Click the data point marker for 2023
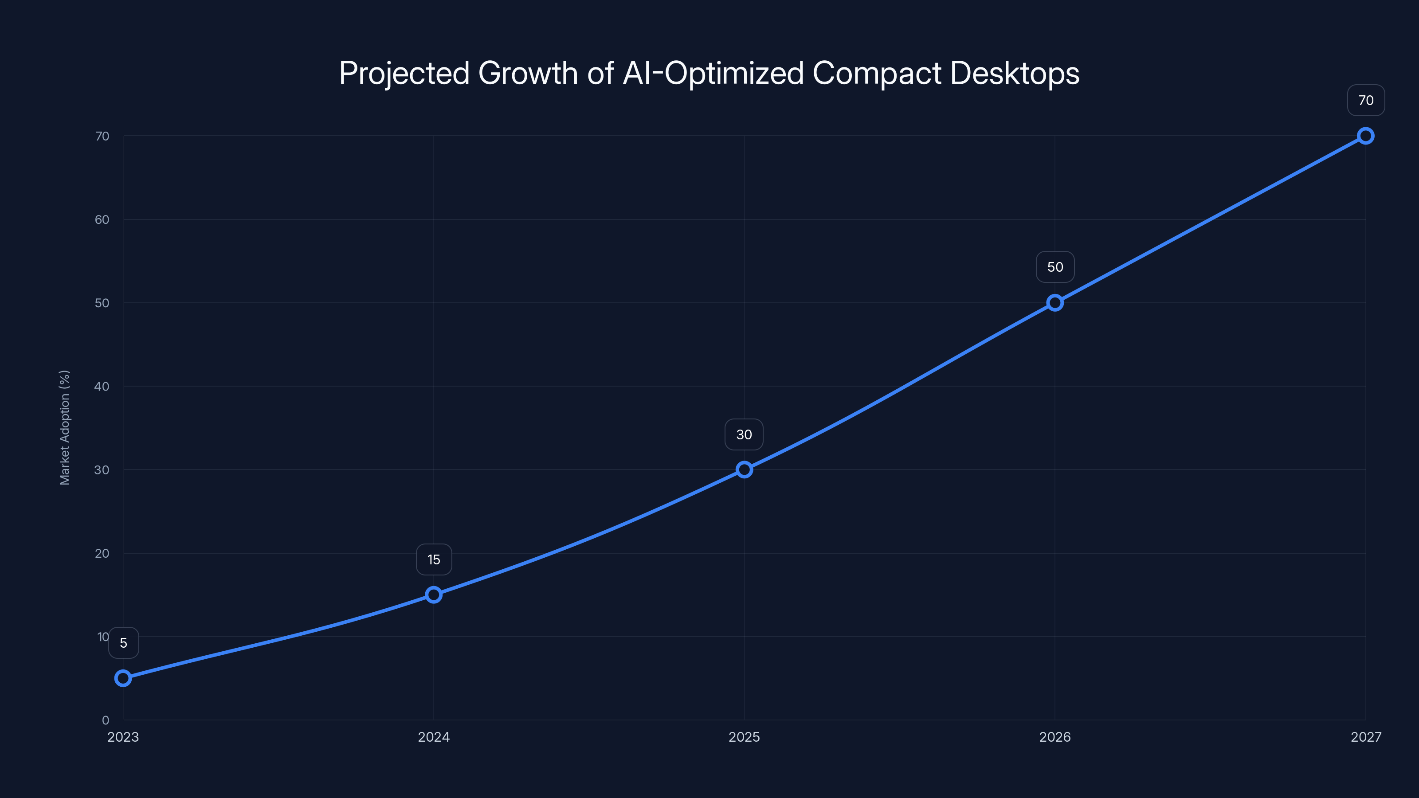point(123,678)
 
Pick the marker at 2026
point(1055,303)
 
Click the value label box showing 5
point(123,643)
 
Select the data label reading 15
point(434,559)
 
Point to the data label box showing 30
point(744,434)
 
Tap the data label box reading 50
point(1055,267)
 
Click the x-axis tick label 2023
point(123,737)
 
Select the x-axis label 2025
point(744,737)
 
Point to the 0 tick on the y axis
point(105,720)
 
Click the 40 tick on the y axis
point(102,386)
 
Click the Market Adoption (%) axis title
point(64,427)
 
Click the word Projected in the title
point(404,73)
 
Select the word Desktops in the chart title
point(1015,73)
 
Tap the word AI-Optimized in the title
point(713,73)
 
